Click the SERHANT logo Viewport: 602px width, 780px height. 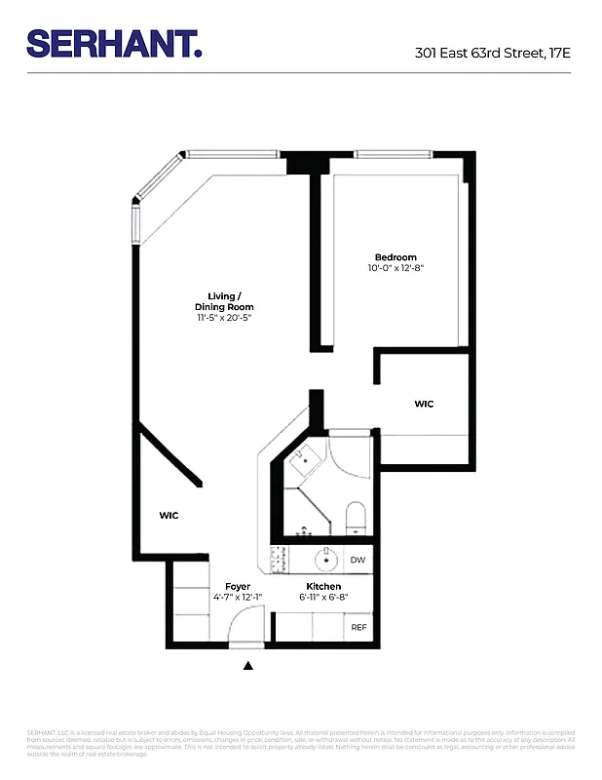point(114,43)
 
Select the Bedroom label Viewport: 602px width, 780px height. point(395,256)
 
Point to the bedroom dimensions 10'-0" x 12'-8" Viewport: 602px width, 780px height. point(395,268)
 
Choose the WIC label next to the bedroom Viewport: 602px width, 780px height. point(424,403)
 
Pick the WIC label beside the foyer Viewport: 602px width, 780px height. point(169,515)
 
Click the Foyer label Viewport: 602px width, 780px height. point(238,586)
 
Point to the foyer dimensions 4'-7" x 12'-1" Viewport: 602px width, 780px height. point(238,598)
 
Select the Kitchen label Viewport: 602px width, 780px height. point(323,586)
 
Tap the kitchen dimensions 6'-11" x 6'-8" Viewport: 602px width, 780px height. point(323,598)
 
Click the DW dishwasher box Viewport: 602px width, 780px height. point(357,560)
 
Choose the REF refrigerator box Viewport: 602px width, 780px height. point(358,628)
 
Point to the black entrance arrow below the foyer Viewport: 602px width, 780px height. point(247,666)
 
